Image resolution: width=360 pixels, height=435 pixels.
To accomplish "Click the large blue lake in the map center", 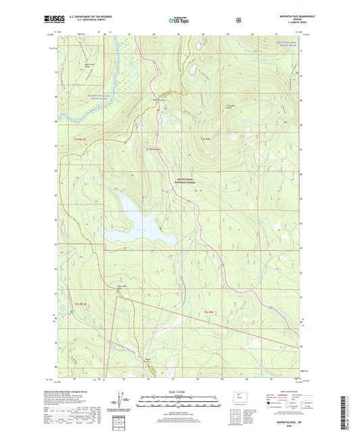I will (x=138, y=222).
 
